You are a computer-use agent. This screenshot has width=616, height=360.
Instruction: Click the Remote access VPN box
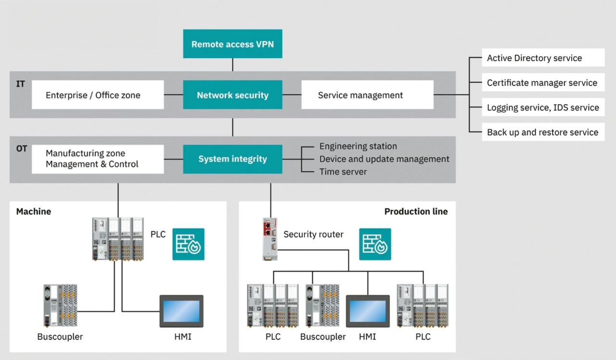tap(232, 44)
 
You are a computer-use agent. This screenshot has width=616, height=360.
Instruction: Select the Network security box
tap(232, 95)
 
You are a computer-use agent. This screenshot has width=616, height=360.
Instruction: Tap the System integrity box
tap(232, 159)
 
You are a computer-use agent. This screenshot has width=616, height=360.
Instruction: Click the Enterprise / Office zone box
tap(98, 95)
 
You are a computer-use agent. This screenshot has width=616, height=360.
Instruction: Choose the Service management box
tap(367, 95)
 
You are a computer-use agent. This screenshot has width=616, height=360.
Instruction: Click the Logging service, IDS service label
tap(543, 107)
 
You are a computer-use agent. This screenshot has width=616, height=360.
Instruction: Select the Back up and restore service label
tap(543, 132)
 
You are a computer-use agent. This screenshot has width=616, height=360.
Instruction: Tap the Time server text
tap(343, 171)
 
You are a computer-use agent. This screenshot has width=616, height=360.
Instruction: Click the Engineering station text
tap(358, 146)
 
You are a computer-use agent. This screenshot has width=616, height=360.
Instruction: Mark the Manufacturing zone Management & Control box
tap(98, 159)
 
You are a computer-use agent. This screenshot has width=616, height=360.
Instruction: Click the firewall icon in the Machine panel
tap(189, 244)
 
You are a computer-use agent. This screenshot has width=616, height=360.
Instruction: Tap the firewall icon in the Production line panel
tap(375, 244)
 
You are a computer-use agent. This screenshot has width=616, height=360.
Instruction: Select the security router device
tap(269, 239)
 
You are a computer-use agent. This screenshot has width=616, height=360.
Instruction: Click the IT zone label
tap(21, 84)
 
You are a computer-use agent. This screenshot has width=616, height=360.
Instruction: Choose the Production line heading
tap(416, 211)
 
